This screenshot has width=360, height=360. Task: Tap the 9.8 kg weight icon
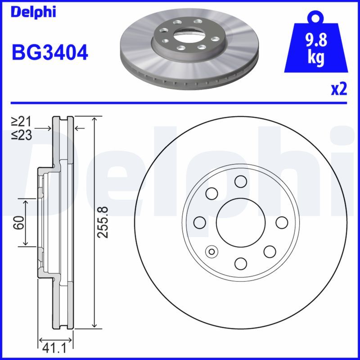[x=315, y=49]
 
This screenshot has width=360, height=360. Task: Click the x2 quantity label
[x=339, y=90]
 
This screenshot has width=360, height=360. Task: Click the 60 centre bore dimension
[x=18, y=222]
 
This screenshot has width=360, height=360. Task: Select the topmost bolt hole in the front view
[x=240, y=181]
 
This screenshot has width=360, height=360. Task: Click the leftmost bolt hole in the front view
[x=199, y=222]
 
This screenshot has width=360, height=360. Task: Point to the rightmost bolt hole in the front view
[x=282, y=222]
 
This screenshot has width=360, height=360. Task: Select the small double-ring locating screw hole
[x=211, y=251]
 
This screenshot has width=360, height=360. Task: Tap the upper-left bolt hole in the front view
[x=211, y=193]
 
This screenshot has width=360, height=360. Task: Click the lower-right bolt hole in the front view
[x=270, y=251]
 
